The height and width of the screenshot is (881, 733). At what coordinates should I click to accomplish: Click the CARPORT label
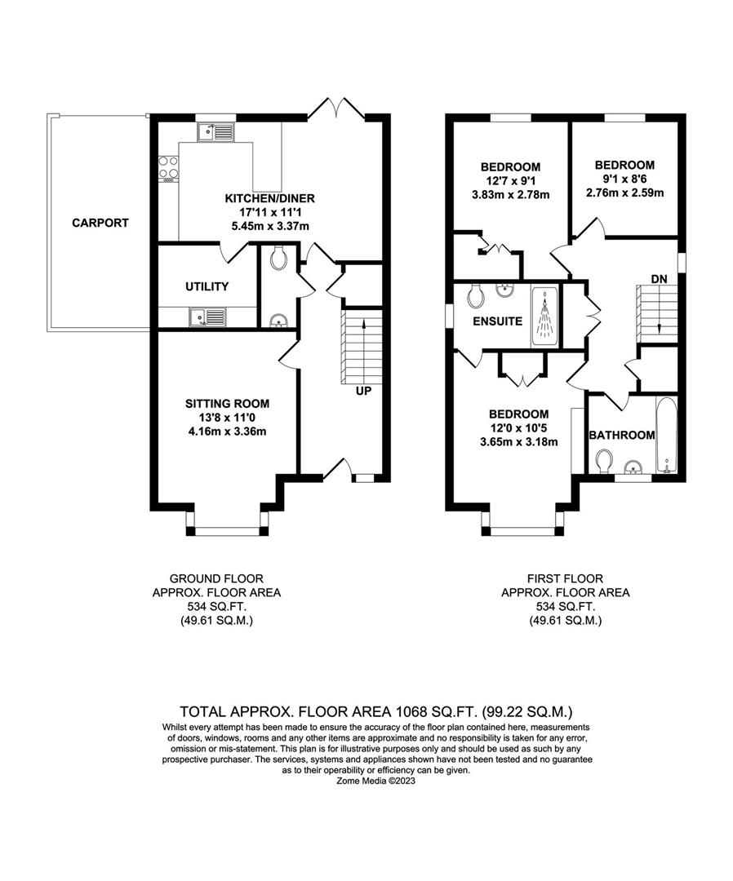(100, 223)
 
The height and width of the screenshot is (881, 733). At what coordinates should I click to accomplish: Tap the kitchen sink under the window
(215, 132)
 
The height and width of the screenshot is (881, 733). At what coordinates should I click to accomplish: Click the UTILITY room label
(207, 286)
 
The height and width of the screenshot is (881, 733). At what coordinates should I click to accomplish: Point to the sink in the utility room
(207, 317)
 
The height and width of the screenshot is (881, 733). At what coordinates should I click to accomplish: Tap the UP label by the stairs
(364, 391)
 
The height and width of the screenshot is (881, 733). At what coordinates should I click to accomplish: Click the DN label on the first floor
(660, 279)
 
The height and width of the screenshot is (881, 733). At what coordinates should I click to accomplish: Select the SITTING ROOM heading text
(227, 404)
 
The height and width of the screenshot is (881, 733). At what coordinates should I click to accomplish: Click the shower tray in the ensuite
(544, 316)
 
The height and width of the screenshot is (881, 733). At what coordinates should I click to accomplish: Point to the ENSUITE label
(497, 321)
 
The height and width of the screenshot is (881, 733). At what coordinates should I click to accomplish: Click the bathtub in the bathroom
(667, 436)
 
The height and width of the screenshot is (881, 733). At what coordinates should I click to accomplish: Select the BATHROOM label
(622, 435)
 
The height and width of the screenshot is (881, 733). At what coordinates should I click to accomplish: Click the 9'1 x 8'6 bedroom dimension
(624, 179)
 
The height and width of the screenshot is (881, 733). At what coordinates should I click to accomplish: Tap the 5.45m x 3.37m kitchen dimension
(270, 227)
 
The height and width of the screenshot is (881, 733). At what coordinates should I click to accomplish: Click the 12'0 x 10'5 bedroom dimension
(518, 428)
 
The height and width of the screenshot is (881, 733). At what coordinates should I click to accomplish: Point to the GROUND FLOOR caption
(216, 578)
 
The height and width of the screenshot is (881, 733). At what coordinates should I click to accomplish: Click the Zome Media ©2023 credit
(375, 781)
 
